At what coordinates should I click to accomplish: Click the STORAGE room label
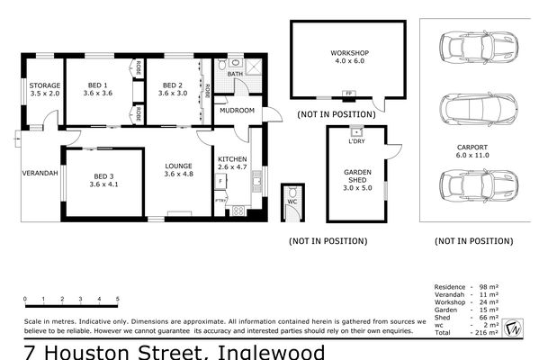tap(44, 85)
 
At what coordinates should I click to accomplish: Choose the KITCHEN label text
tap(232, 159)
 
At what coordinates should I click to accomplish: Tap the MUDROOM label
tap(238, 110)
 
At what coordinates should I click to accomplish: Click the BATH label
tap(235, 74)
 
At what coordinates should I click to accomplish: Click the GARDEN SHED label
tap(357, 175)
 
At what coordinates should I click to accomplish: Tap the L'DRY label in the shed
tap(356, 141)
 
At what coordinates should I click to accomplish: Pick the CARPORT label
tap(472, 146)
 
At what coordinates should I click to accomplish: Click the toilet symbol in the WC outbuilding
tap(292, 193)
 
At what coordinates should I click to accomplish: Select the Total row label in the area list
tap(441, 332)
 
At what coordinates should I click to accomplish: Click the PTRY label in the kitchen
tap(219, 199)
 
